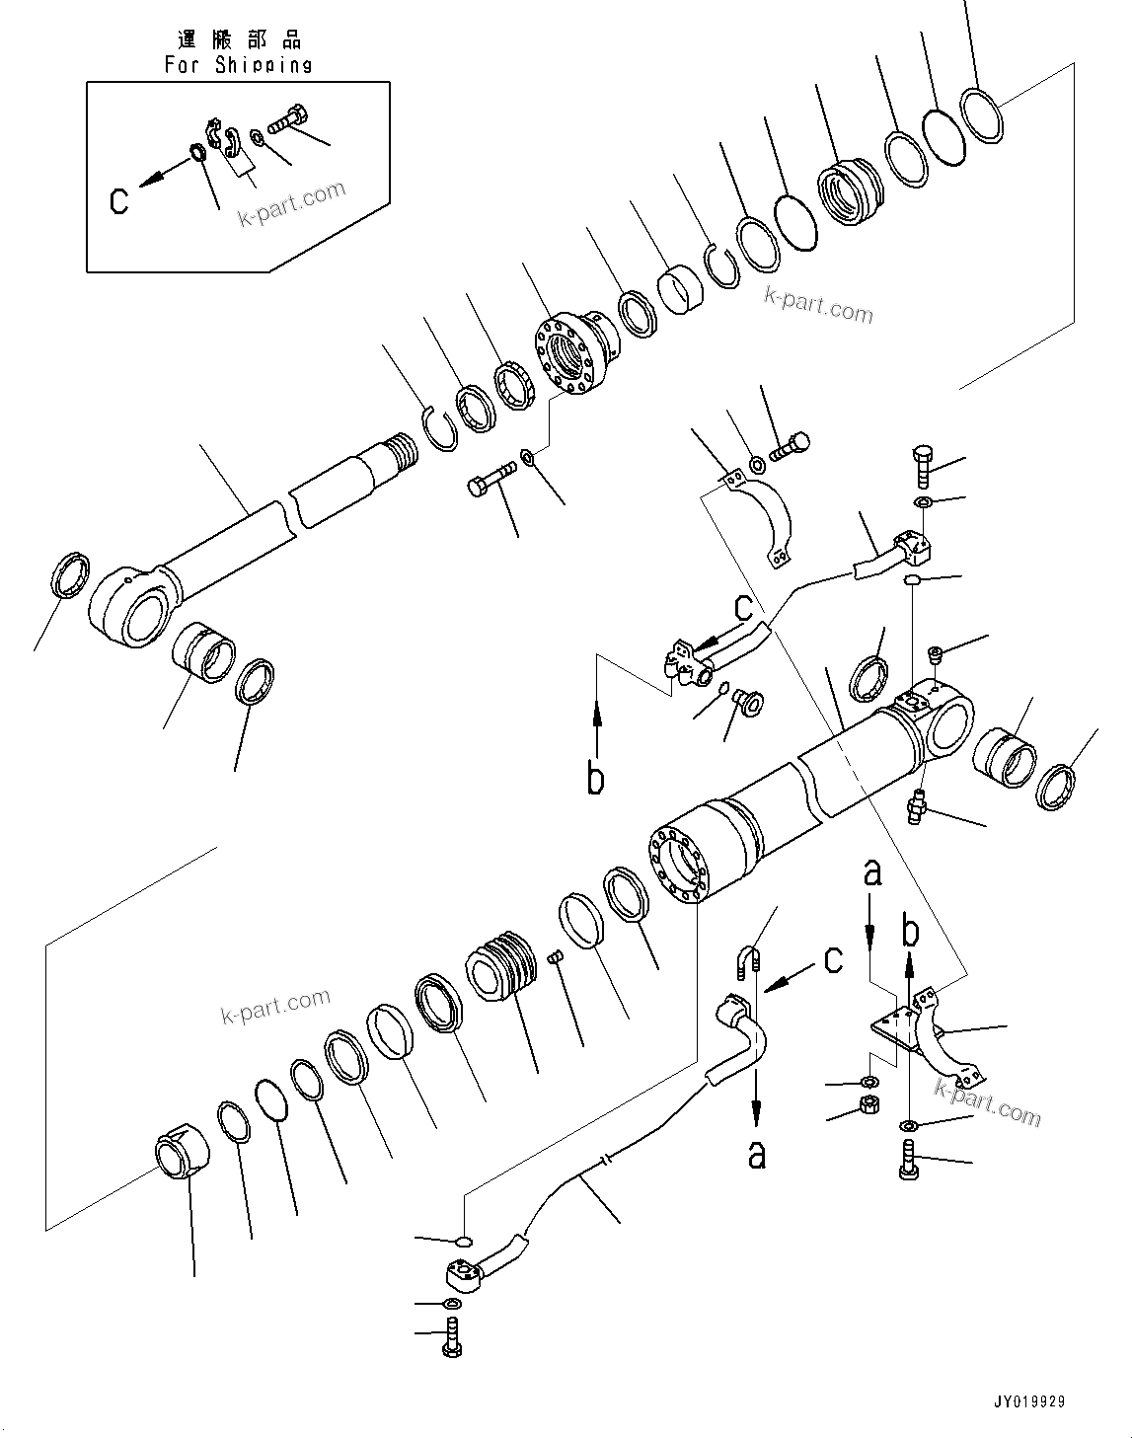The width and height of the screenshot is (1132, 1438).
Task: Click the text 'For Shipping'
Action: click(x=238, y=65)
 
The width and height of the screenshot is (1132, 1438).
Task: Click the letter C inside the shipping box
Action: click(x=119, y=200)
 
